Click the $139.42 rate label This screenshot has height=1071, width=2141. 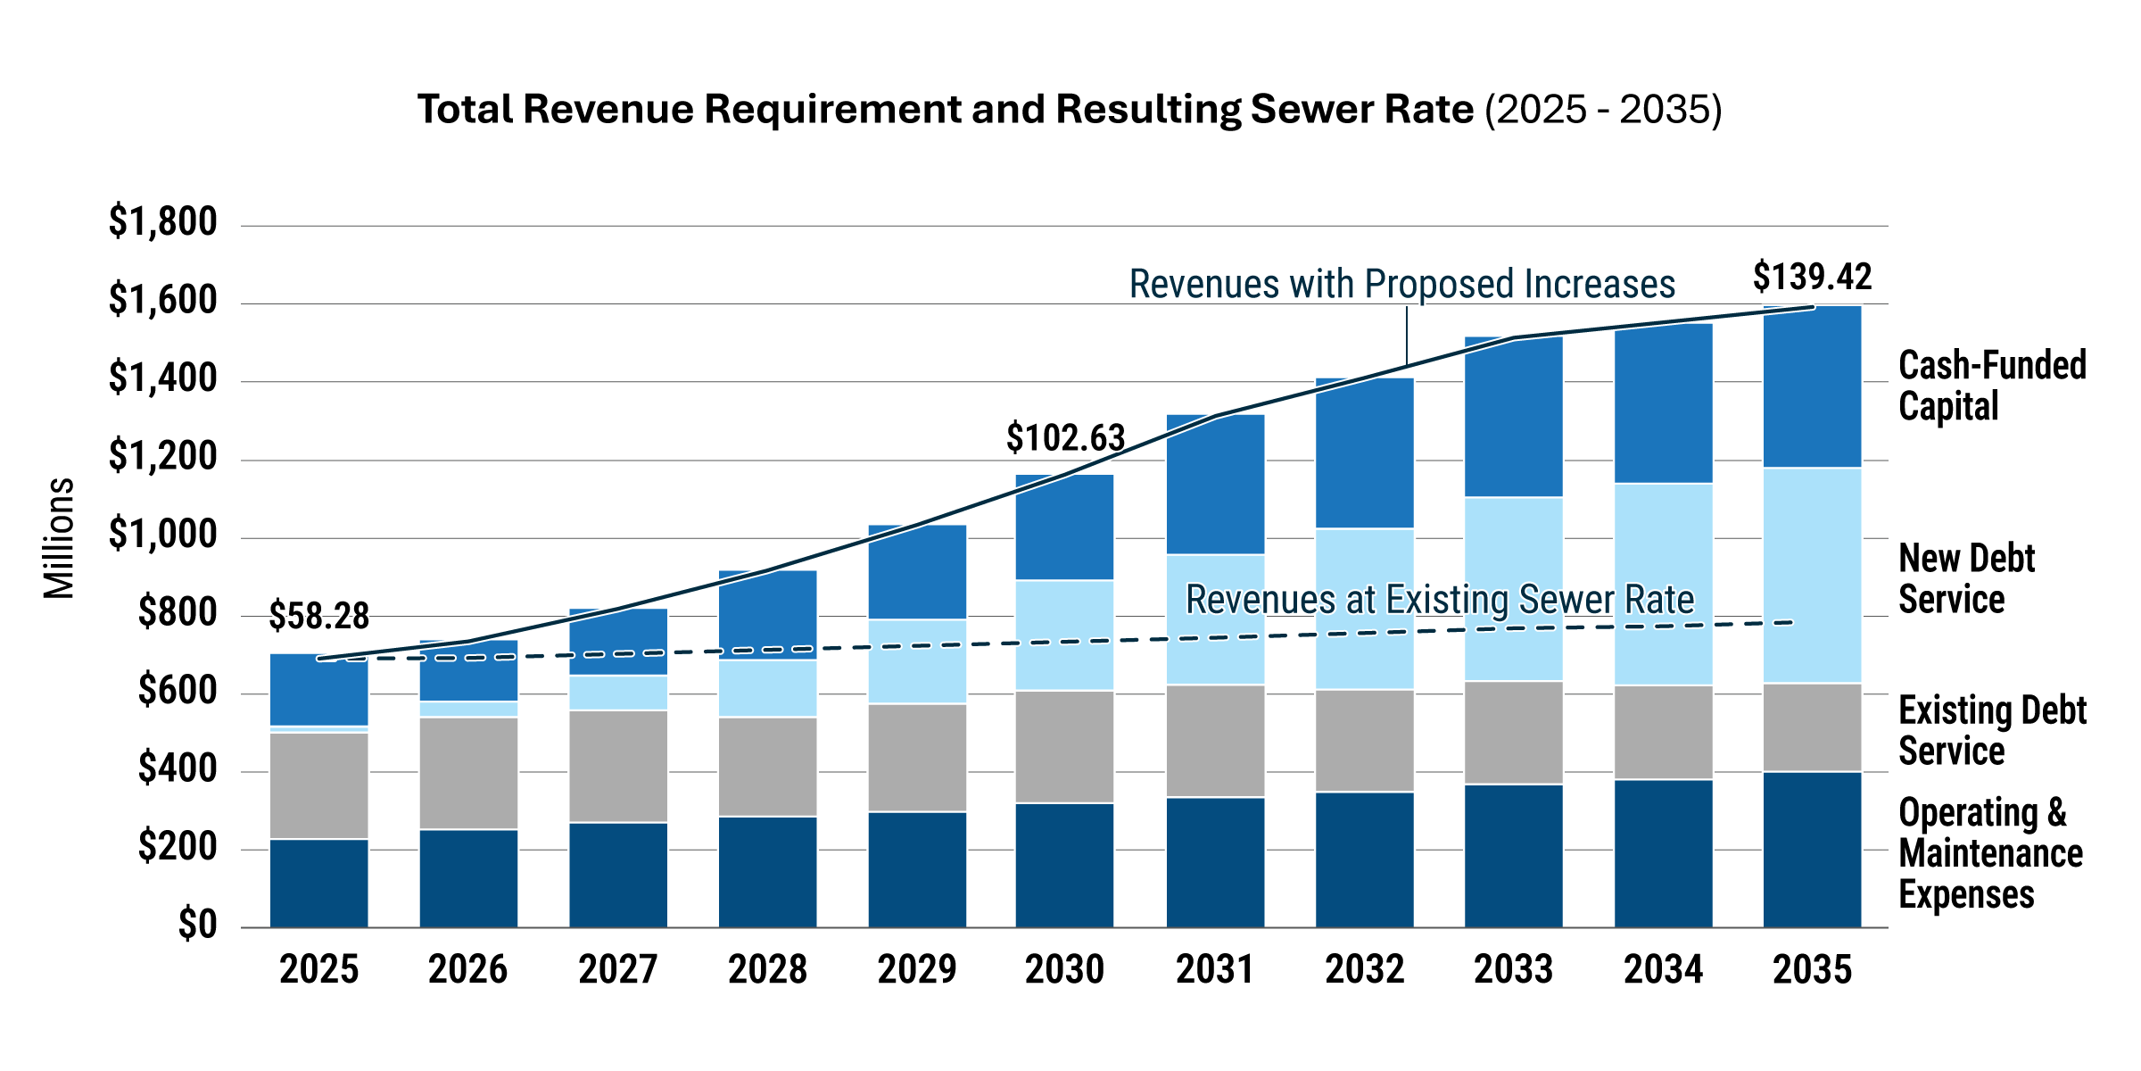pyautogui.click(x=1812, y=277)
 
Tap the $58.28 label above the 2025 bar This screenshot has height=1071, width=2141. pyautogui.click(x=318, y=616)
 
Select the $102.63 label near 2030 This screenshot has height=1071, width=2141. pyautogui.click(x=1065, y=438)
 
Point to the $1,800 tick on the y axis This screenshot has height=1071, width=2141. pyautogui.click(x=162, y=221)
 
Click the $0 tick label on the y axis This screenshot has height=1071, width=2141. pyautogui.click(x=196, y=925)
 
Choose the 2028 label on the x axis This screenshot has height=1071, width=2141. pyautogui.click(x=767, y=969)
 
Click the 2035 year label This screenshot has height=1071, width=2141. pyautogui.click(x=1812, y=969)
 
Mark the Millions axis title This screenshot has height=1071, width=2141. pyautogui.click(x=59, y=537)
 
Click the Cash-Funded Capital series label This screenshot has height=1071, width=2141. pyautogui.click(x=1991, y=386)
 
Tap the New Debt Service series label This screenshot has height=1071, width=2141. pyautogui.click(x=1966, y=578)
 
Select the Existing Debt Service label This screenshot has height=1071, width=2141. pyautogui.click(x=1991, y=730)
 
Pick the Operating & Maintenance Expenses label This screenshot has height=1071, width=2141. pyautogui.click(x=1989, y=853)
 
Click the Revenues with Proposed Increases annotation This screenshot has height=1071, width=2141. pyautogui.click(x=1401, y=284)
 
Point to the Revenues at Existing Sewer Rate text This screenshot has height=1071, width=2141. pyautogui.click(x=1439, y=599)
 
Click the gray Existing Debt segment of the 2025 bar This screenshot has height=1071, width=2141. pyautogui.click(x=319, y=785)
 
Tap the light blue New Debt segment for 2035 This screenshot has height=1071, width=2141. pyautogui.click(x=1812, y=576)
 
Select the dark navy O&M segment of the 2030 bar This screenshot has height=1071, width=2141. pyautogui.click(x=1065, y=865)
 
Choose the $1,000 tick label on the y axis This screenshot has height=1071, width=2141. pyautogui.click(x=162, y=534)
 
